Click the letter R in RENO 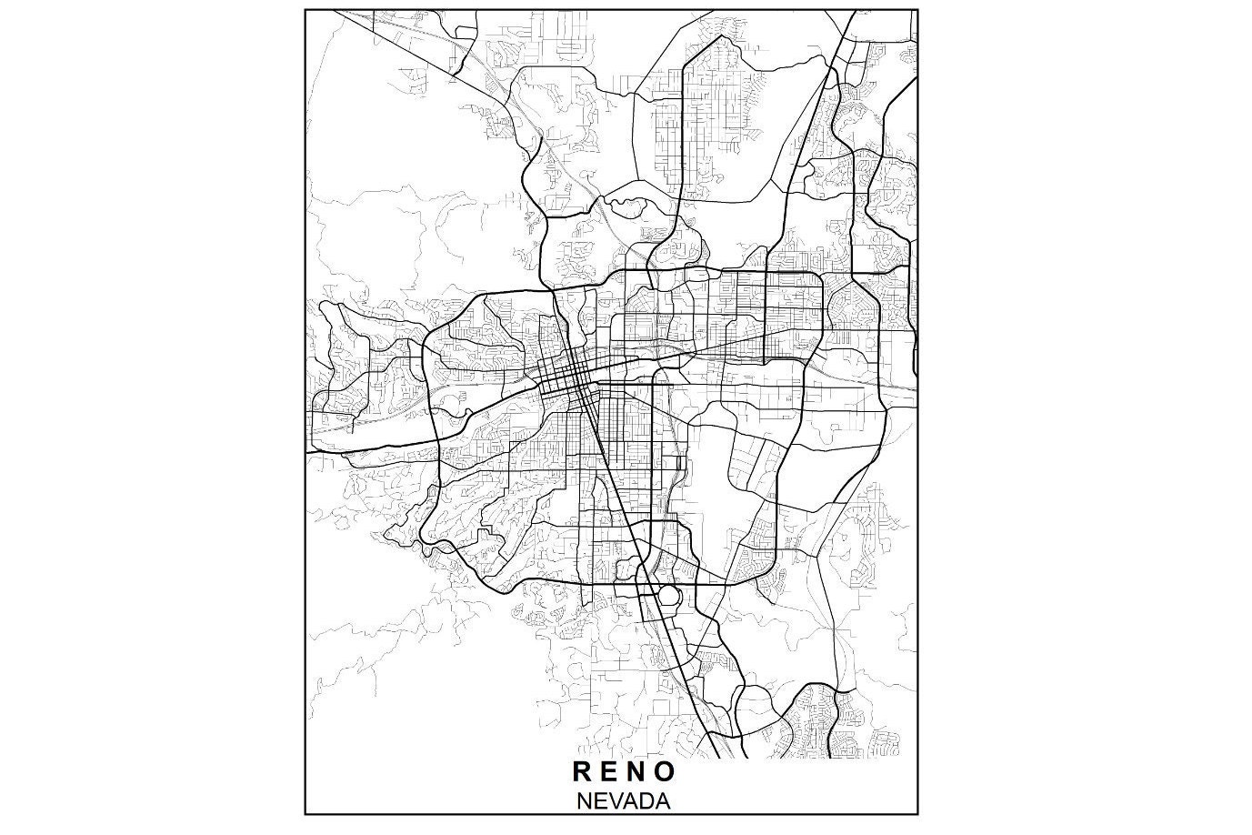pyautogui.click(x=582, y=771)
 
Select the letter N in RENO pyautogui.click(x=638, y=771)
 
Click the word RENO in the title pyautogui.click(x=624, y=771)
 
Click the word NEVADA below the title pyautogui.click(x=624, y=801)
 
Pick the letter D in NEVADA pyautogui.click(x=647, y=801)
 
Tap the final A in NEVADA pyautogui.click(x=663, y=801)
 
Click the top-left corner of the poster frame pyautogui.click(x=305, y=9)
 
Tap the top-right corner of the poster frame pyautogui.click(x=918, y=9)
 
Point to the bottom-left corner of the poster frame pyautogui.click(x=305, y=814)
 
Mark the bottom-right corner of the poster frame pyautogui.click(x=918, y=814)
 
